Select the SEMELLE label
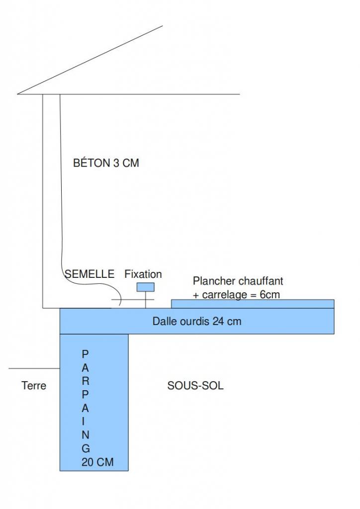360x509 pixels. [90, 274]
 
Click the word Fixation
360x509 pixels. [143, 274]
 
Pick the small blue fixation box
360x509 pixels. [146, 287]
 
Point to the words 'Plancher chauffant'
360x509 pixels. [238, 281]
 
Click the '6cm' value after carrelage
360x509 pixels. [270, 294]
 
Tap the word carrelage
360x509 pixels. [222, 294]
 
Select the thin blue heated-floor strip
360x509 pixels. [253, 304]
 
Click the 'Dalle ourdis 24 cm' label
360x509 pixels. [196, 322]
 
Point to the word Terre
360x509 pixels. [34, 385]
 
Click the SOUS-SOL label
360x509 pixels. [195, 385]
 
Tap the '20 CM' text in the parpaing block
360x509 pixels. [97, 462]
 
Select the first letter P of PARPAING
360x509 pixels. [85, 354]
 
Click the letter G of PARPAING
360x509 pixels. [86, 448]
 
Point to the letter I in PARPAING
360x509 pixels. [86, 421]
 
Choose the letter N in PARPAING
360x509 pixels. [86, 434]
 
